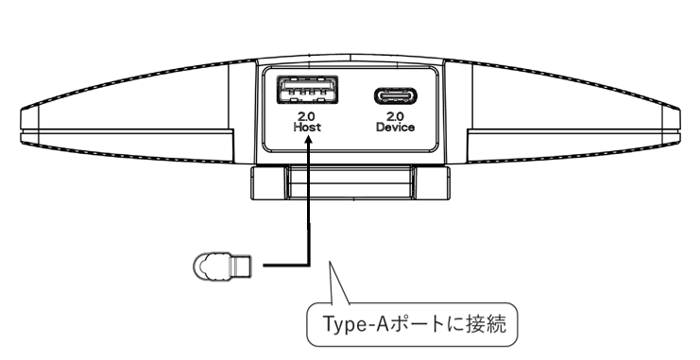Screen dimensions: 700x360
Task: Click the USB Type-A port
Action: (x=307, y=90)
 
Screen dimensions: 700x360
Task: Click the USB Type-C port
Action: (x=395, y=96)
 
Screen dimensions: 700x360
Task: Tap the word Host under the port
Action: (x=307, y=128)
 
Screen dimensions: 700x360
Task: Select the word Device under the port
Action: (x=395, y=128)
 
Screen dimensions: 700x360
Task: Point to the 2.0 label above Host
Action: (x=307, y=117)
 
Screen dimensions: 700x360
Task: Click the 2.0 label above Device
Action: (x=395, y=117)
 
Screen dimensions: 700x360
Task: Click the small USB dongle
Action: (x=222, y=266)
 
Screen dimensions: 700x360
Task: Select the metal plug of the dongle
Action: (x=240, y=266)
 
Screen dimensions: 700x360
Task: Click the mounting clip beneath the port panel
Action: (x=350, y=182)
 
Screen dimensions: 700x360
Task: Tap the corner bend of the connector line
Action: (x=309, y=266)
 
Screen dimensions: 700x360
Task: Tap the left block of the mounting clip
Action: (x=268, y=182)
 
